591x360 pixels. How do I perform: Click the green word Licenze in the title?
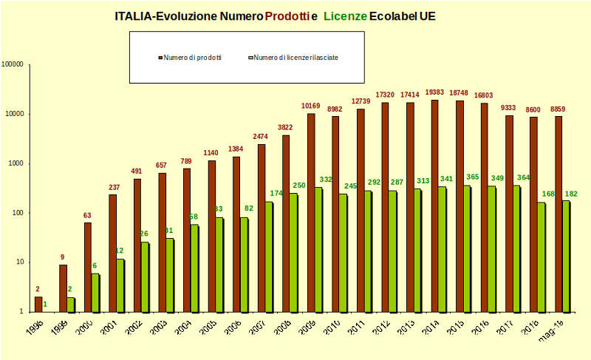[345, 16]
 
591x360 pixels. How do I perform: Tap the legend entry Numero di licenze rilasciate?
[295, 57]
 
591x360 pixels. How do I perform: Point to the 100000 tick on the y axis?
[13, 64]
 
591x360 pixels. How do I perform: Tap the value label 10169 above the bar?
[311, 106]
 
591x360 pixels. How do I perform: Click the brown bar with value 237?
[113, 252]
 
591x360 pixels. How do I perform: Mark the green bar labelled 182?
[566, 256]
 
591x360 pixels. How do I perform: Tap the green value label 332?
[326, 180]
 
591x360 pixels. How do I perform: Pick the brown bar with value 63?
[88, 267]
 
